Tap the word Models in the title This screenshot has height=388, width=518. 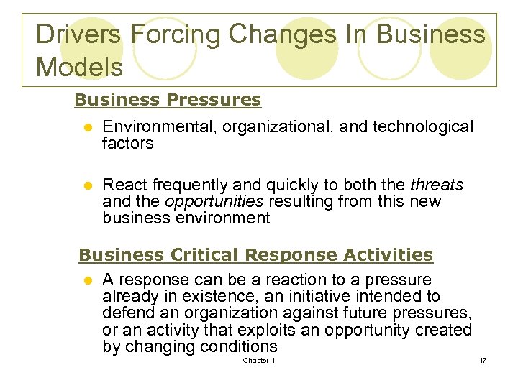pyautogui.click(x=79, y=67)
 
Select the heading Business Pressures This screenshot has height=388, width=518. pyautogui.click(x=168, y=100)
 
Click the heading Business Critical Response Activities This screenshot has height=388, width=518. pyautogui.click(x=255, y=255)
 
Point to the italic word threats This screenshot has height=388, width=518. pyautogui.click(x=437, y=185)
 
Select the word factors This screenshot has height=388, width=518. pyautogui.click(x=128, y=144)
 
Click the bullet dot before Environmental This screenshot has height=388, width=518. pyautogui.click(x=86, y=128)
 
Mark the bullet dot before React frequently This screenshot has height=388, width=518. pyautogui.click(x=86, y=186)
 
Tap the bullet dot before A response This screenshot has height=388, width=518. pyautogui.click(x=86, y=280)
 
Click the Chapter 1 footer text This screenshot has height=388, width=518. pyautogui.click(x=259, y=360)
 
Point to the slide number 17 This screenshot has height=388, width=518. pyautogui.click(x=483, y=360)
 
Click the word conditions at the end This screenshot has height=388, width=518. pyautogui.click(x=237, y=347)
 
